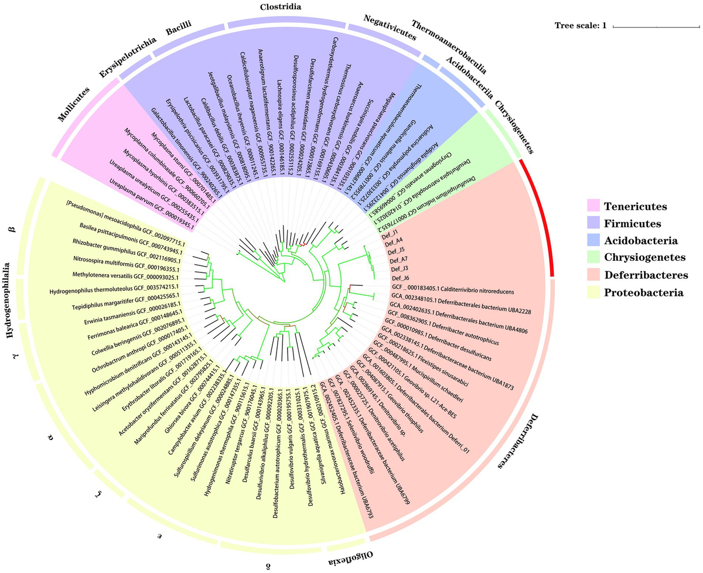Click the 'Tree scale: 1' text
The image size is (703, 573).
pyautogui.click(x=581, y=26)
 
